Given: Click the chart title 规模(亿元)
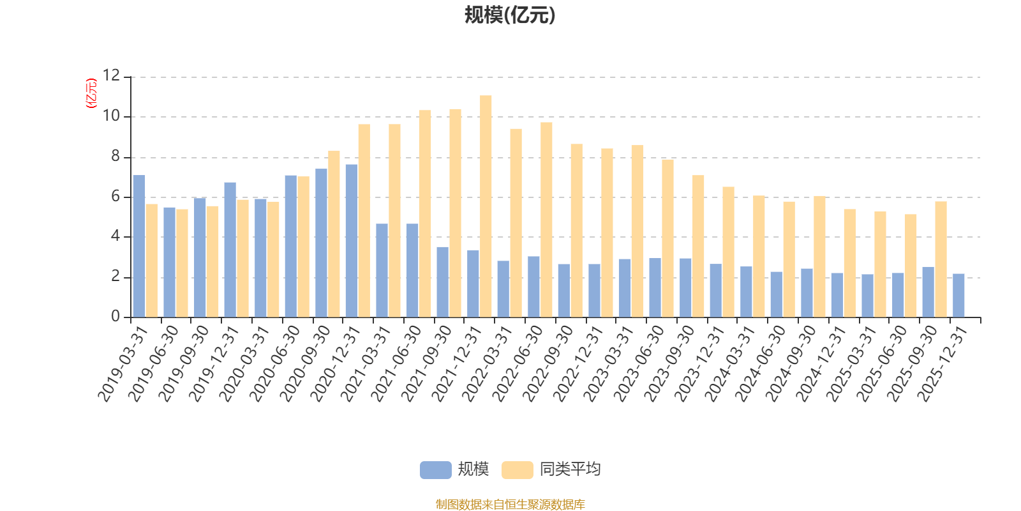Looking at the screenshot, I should coord(510,15).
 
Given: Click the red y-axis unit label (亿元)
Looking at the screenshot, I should coord(91,93).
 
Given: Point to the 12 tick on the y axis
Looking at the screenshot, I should coord(112,76).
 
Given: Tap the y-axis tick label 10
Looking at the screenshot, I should coord(112,116).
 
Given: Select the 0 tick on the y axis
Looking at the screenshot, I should coord(115,317).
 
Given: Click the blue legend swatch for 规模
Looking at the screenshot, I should coord(435,470).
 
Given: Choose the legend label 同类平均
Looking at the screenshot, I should coord(570,469).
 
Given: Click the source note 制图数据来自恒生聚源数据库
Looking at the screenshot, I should coord(510,505).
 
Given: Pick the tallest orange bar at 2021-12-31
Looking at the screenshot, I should coord(486,206).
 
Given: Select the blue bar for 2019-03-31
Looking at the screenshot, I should coord(139,246).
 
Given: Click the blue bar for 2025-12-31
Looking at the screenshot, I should coord(958,295).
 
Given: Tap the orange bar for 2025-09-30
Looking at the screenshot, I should coord(941,259).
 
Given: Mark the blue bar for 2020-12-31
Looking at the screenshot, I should coord(352,241).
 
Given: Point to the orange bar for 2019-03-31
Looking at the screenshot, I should coord(151,261).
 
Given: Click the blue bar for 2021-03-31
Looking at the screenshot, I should coord(382,270).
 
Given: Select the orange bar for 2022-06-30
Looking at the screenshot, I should coord(546,220).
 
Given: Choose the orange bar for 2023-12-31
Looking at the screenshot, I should coord(728,252).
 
